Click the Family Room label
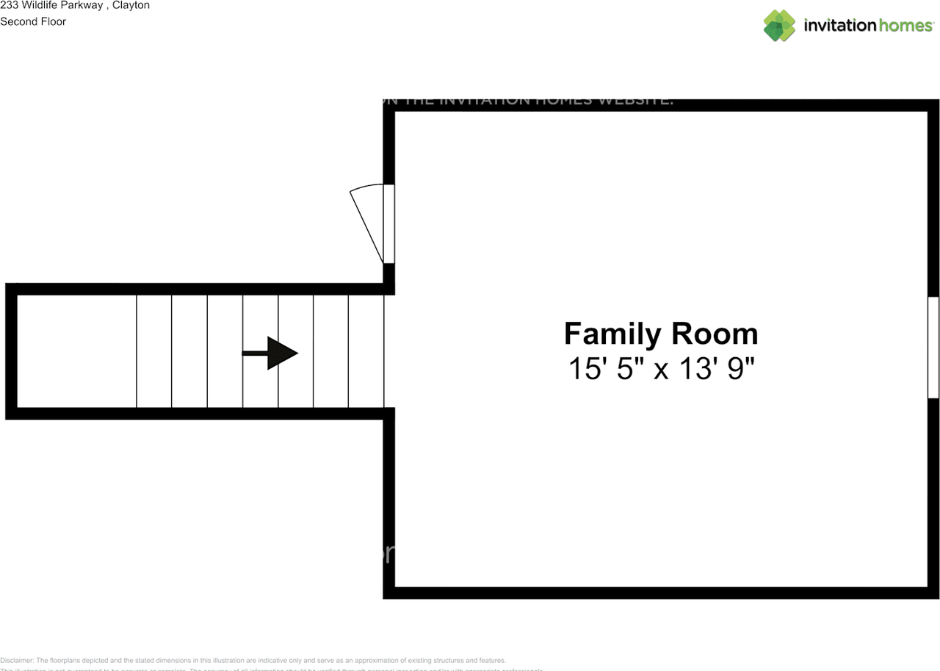pyautogui.click(x=660, y=334)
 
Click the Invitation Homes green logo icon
pyautogui.click(x=779, y=26)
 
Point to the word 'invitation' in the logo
pyautogui.click(x=840, y=26)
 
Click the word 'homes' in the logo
pyautogui.click(x=905, y=26)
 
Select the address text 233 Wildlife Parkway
pyautogui.click(x=51, y=5)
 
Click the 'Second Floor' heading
pyautogui.click(x=33, y=21)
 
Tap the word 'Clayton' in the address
pyautogui.click(x=131, y=5)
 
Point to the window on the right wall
pyautogui.click(x=933, y=347)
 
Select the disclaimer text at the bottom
pyautogui.click(x=253, y=661)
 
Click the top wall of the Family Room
pyautogui.click(x=661, y=105)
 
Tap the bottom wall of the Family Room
pyautogui.click(x=661, y=592)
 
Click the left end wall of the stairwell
pyautogui.click(x=11, y=351)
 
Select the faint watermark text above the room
pyautogui.click(x=529, y=101)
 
